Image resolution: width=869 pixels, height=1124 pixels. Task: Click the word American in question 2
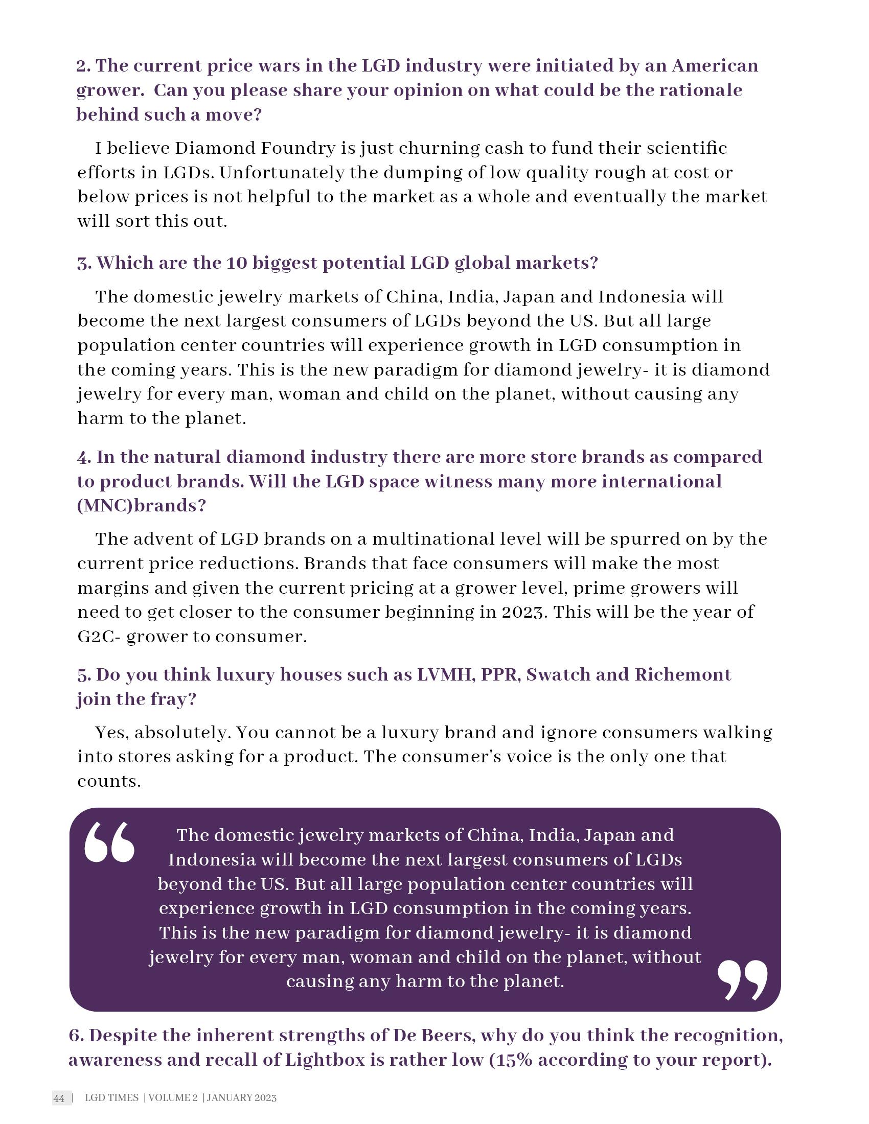(x=715, y=66)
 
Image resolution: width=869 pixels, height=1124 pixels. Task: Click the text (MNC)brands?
(x=141, y=505)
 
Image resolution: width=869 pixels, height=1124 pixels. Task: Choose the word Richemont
(x=682, y=674)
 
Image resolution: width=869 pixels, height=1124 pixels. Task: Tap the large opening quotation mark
(x=110, y=842)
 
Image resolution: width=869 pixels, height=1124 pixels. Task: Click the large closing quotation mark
(x=742, y=979)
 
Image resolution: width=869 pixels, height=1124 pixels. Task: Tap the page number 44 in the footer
(x=59, y=1098)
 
